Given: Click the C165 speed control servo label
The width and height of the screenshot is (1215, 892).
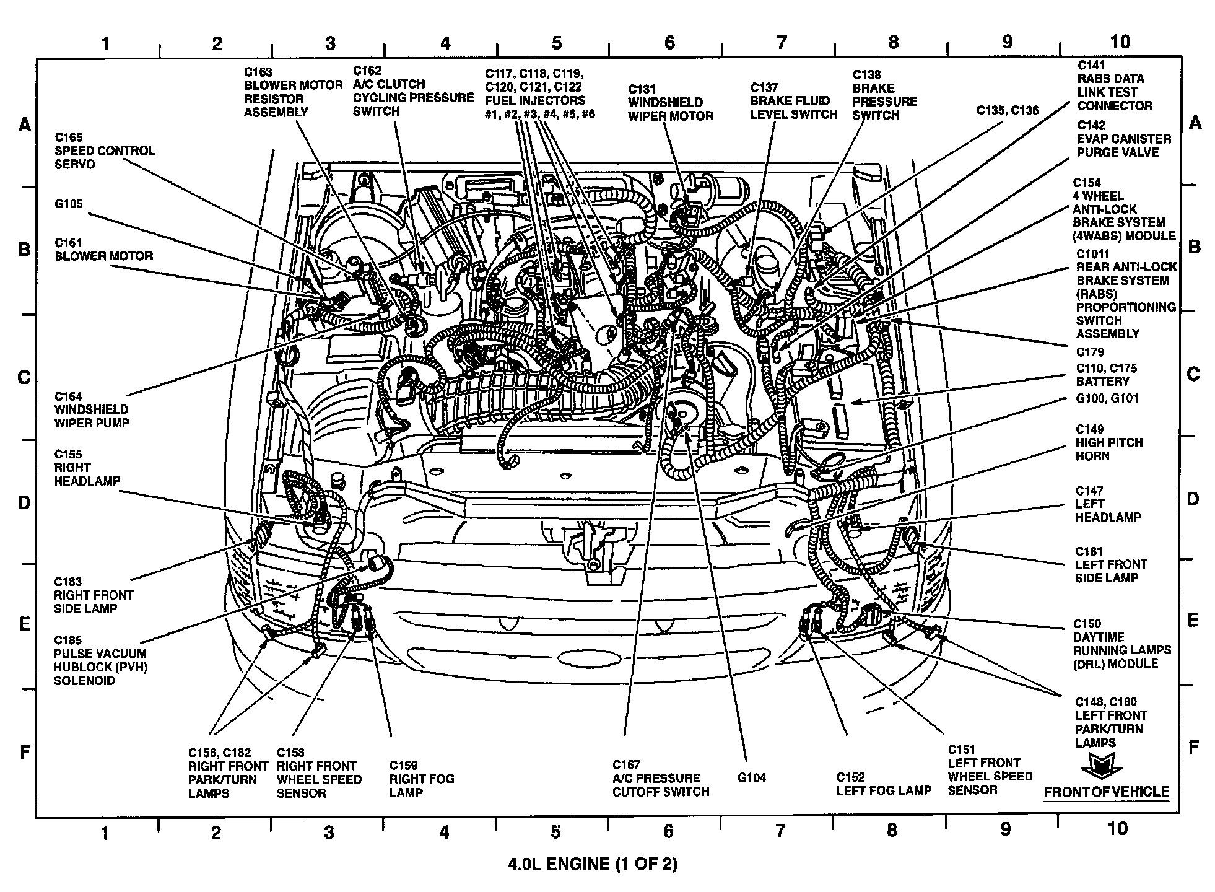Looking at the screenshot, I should [x=105, y=151].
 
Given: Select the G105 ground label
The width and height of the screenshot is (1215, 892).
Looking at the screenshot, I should [x=68, y=204].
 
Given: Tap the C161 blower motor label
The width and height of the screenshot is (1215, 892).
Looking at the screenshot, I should [x=103, y=250].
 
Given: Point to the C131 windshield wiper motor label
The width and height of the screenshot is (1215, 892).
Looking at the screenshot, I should [x=670, y=102].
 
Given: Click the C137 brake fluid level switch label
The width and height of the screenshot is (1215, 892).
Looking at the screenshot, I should [x=793, y=101].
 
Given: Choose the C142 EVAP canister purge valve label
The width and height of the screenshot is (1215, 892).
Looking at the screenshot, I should [x=1123, y=139].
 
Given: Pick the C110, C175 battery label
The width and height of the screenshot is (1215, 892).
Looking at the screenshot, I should [x=1106, y=375].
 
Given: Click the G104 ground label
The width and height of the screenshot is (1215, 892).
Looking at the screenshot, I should [x=752, y=778].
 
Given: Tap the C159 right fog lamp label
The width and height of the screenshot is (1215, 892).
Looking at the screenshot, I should [x=421, y=779].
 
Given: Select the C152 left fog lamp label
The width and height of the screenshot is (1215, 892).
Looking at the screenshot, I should [x=884, y=784].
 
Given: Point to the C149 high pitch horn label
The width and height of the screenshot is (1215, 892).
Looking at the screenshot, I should [x=1109, y=442].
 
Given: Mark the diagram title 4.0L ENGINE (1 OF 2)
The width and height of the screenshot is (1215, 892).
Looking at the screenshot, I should [x=592, y=864].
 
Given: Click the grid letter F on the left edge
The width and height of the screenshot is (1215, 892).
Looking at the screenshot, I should [x=25, y=752].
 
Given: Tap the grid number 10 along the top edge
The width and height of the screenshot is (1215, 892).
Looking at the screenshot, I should [x=1120, y=42].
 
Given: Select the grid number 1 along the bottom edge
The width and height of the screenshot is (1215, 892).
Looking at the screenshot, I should [x=105, y=833].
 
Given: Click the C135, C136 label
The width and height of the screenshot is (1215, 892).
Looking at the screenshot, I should [x=1008, y=110].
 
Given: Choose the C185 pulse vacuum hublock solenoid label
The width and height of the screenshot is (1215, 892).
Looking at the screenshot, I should [x=100, y=660].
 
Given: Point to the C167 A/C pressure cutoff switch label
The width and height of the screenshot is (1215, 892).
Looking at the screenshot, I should [x=661, y=778].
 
